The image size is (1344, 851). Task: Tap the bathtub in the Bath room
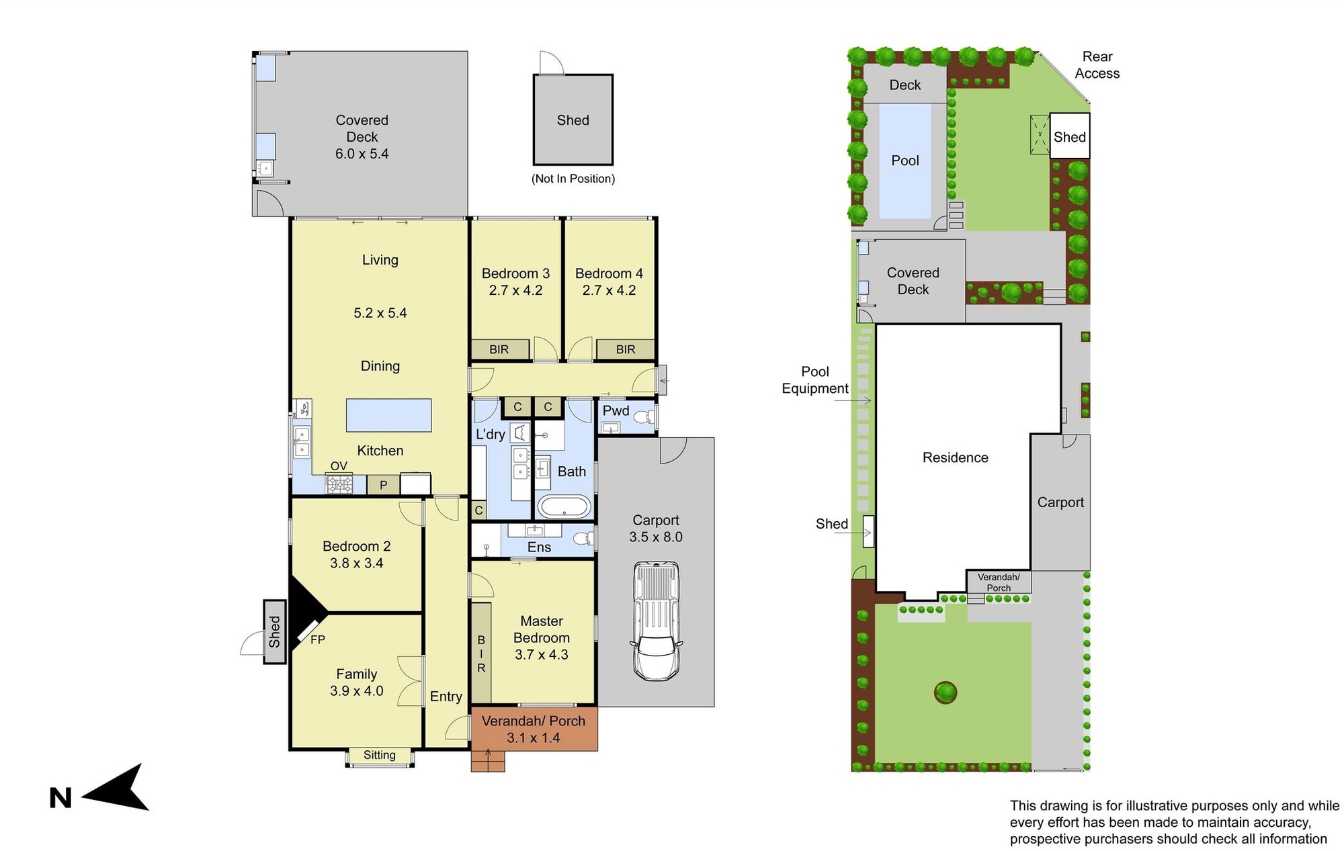564,507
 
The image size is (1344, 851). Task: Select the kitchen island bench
388,415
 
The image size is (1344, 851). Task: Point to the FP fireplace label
318,640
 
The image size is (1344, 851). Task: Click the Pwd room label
616,411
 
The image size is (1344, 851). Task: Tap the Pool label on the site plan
905,161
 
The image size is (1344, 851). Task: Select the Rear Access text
1097,65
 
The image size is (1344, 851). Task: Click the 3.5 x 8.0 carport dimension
656,537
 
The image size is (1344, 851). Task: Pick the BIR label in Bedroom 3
499,349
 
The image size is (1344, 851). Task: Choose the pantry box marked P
384,485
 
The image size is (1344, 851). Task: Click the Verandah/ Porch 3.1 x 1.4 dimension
533,737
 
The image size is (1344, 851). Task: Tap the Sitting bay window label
380,755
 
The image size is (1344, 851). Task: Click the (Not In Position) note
573,179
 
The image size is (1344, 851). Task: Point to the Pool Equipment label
815,380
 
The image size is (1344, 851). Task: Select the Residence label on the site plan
956,457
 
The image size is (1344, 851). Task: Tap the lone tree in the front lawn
946,692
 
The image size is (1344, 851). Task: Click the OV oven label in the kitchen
339,466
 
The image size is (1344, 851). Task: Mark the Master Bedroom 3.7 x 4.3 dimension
542,654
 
